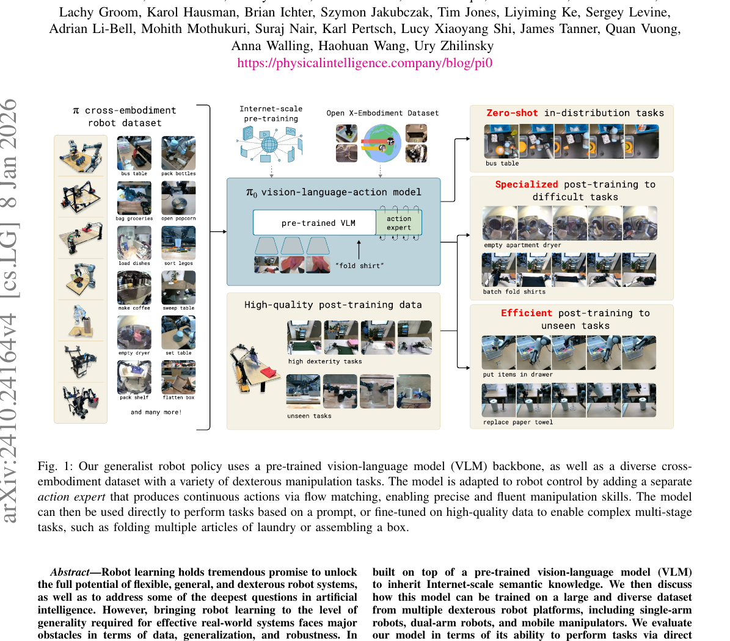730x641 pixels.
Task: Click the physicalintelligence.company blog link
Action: [x=365, y=63]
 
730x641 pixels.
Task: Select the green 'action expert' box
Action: [x=399, y=223]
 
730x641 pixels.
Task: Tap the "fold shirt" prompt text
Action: [x=360, y=266]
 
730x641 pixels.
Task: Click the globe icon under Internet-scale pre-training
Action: [x=269, y=145]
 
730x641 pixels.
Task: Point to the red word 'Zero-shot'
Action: [x=512, y=113]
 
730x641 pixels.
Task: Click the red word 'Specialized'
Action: [x=526, y=184]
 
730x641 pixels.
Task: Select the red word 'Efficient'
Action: [x=526, y=313]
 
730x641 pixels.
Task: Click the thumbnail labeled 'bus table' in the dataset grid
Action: [x=134, y=153]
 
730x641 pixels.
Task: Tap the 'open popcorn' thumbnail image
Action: [x=178, y=198]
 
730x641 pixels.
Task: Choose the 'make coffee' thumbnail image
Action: [x=134, y=288]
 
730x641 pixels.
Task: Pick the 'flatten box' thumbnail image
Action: [x=178, y=377]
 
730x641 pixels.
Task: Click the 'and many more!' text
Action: [x=156, y=412]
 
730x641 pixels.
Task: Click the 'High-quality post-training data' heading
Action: [x=333, y=305]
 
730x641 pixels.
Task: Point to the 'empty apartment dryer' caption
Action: [x=522, y=245]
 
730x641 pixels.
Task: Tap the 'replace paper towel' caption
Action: [x=517, y=422]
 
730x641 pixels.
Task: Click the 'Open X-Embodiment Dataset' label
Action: [x=382, y=113]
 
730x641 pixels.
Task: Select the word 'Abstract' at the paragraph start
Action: [x=70, y=572]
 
